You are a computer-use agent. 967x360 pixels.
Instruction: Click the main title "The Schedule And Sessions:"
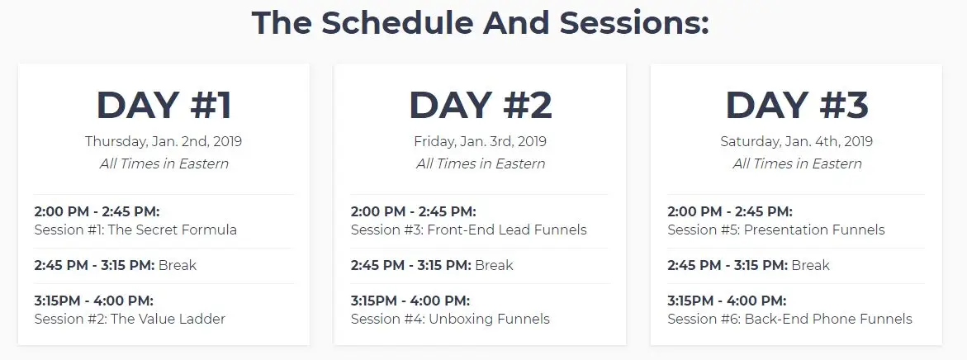pyautogui.click(x=481, y=23)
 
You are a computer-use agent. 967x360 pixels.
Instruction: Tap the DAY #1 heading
pyautogui.click(x=164, y=105)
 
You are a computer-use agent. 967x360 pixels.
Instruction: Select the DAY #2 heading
pyautogui.click(x=481, y=105)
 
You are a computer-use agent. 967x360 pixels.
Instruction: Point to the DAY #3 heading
pyautogui.click(x=797, y=105)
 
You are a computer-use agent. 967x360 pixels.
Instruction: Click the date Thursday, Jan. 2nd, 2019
pyautogui.click(x=164, y=142)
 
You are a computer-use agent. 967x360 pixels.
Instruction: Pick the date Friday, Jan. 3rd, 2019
pyautogui.click(x=481, y=142)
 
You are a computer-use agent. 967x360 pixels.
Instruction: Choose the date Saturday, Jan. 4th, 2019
pyautogui.click(x=797, y=142)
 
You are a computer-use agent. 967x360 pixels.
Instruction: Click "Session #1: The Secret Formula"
pyautogui.click(x=135, y=230)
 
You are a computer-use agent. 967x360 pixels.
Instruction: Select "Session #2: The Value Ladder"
pyautogui.click(x=130, y=319)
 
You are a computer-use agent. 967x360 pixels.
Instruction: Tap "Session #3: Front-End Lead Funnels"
pyautogui.click(x=469, y=230)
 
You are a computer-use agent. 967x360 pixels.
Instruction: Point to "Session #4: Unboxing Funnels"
pyautogui.click(x=450, y=319)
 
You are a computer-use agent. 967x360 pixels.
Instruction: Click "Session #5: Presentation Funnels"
pyautogui.click(x=775, y=230)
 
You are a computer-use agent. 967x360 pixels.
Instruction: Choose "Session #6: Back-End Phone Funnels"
pyautogui.click(x=789, y=319)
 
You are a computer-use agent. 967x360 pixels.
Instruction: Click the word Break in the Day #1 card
pyautogui.click(x=178, y=265)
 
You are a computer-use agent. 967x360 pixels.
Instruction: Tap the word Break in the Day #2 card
pyautogui.click(x=494, y=265)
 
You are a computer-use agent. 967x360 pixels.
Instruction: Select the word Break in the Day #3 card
pyautogui.click(x=810, y=265)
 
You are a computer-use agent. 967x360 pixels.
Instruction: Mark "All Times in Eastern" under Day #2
pyautogui.click(x=481, y=164)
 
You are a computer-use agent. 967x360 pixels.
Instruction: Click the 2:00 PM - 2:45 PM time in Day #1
pyautogui.click(x=97, y=212)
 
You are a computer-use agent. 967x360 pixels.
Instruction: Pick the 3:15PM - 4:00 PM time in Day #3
pyautogui.click(x=727, y=301)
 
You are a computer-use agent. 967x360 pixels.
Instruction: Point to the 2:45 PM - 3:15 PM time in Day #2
pyautogui.click(x=411, y=265)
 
